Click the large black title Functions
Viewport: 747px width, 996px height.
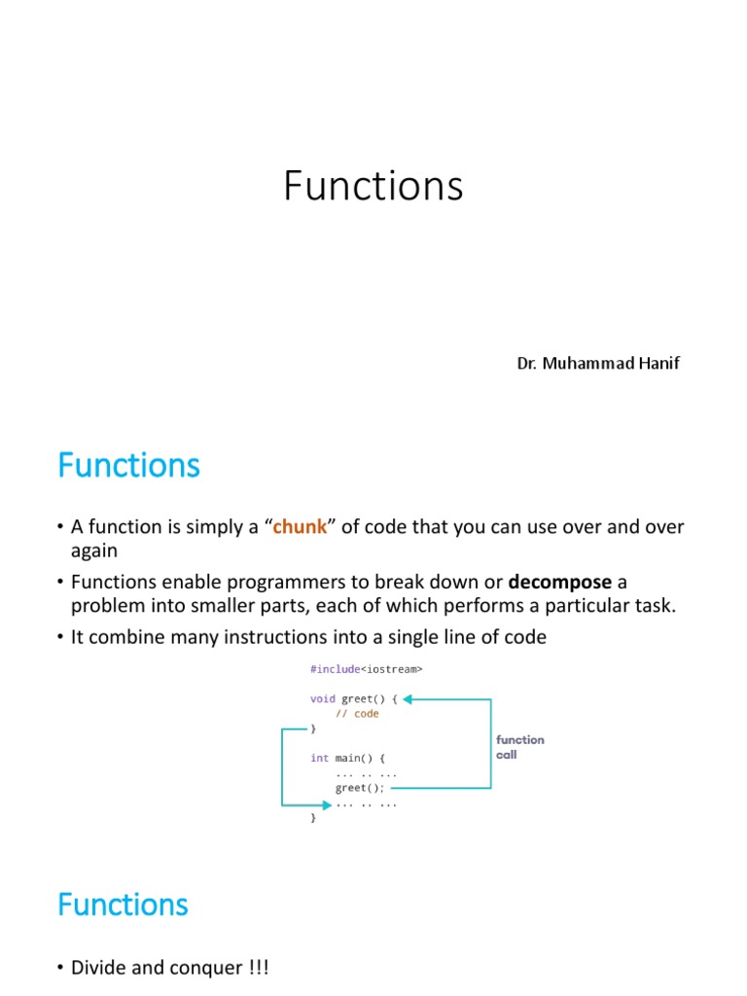pos(373,186)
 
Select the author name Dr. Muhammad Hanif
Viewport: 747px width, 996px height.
pos(597,364)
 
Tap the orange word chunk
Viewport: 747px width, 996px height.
pos(300,527)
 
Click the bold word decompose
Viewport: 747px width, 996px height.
pos(560,582)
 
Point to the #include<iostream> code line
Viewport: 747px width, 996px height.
pos(367,669)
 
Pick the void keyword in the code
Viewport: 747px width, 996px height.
pos(322,698)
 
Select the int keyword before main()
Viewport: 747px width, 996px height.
pos(319,758)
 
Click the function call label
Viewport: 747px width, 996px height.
pos(520,747)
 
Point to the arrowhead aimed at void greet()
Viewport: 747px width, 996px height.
pos(409,698)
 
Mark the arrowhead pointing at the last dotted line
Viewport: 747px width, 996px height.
pos(326,804)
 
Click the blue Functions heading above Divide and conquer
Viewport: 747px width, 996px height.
pos(123,905)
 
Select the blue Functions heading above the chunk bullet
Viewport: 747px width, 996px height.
pos(128,466)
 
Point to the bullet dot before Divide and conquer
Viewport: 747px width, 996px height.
pos(60,969)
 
